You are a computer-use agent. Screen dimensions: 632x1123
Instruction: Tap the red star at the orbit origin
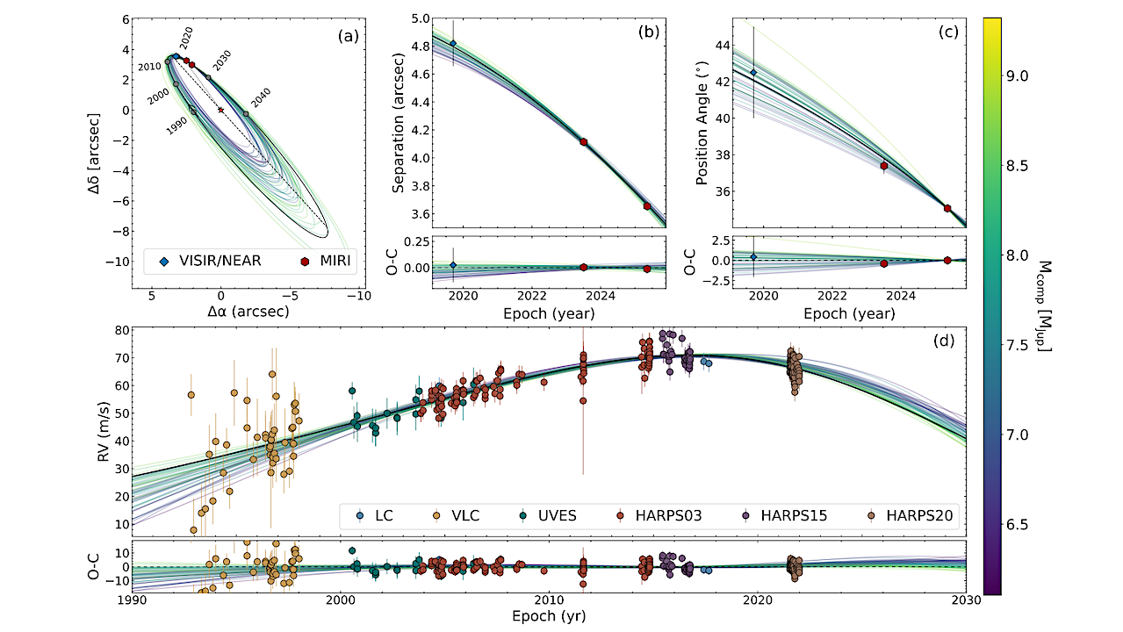220,110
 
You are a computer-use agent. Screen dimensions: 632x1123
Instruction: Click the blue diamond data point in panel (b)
453,44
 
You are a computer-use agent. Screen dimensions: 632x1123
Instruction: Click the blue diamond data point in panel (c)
752,72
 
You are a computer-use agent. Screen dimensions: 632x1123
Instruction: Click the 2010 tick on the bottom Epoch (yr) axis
549,601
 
